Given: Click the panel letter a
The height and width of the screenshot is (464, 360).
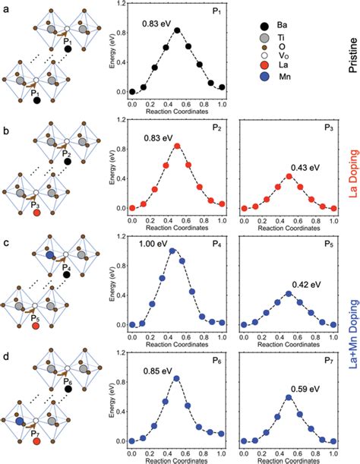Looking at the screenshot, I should [x=5, y=5].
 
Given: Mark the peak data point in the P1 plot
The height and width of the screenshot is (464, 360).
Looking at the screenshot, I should [x=177, y=30].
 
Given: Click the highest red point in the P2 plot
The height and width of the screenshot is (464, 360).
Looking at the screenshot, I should [x=177, y=146].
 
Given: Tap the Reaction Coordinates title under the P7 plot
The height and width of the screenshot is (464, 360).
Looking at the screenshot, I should [x=289, y=462].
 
